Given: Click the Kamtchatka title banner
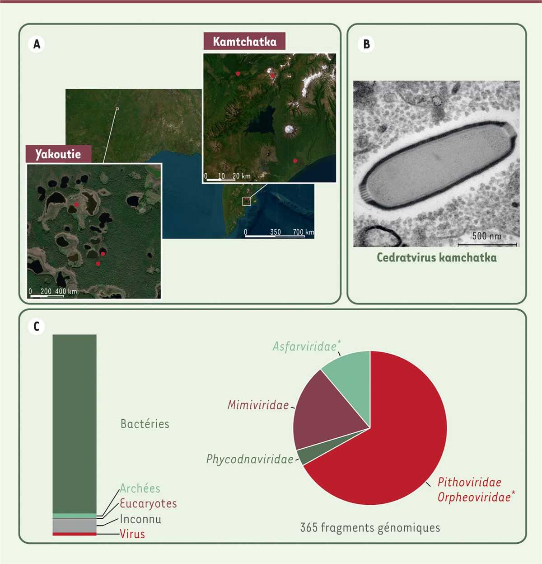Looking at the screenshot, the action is click(244, 41).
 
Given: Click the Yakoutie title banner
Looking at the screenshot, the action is click(58, 154).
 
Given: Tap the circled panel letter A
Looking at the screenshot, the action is click(37, 44).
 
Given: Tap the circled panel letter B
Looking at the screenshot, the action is click(366, 44).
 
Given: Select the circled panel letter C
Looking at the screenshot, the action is click(37, 327).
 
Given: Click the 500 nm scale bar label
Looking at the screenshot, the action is click(487, 236).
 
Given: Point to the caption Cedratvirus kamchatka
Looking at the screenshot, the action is click(437, 257).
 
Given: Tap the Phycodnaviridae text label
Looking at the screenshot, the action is click(250, 460).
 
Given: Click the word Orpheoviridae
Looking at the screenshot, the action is click(474, 498).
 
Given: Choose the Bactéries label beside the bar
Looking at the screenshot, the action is click(145, 424).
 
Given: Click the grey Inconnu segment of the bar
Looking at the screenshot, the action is click(75, 526).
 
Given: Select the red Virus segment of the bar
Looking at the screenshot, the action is click(75, 534).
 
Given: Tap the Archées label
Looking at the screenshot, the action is click(140, 488).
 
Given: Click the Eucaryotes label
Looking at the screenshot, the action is click(148, 504).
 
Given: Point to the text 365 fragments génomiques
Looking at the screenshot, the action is click(370, 527).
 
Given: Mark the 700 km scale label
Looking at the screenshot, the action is click(303, 232).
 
